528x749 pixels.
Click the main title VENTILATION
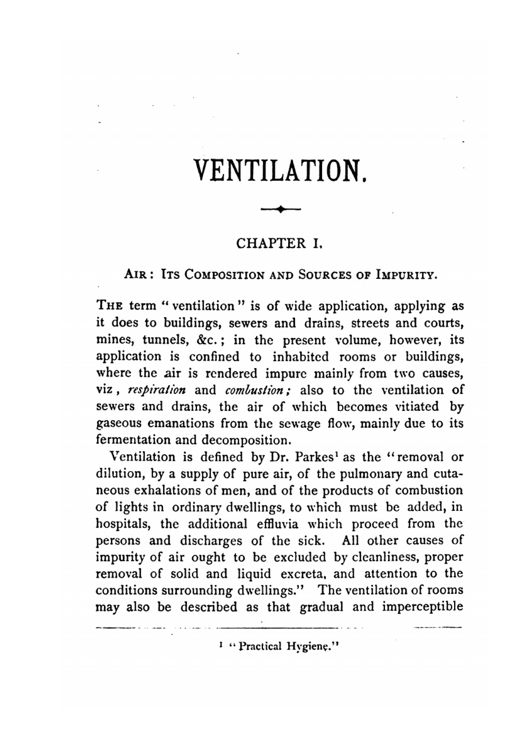point(279,170)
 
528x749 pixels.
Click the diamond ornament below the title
point(280,210)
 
